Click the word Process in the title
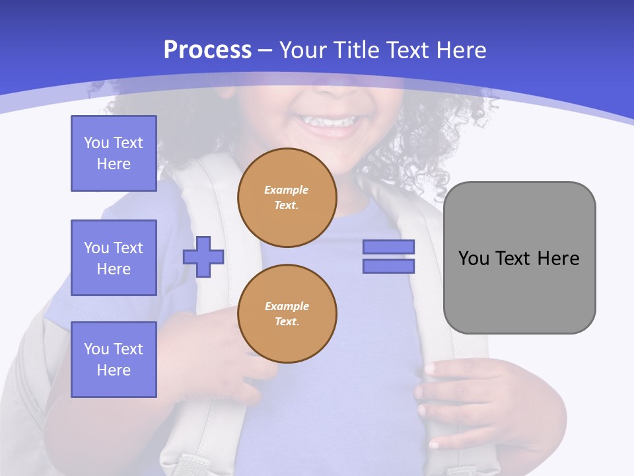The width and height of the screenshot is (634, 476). (207, 50)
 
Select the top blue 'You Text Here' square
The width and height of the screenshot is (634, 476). (114, 153)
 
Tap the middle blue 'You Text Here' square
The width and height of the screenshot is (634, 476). (114, 258)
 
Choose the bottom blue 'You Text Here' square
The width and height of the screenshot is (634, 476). (114, 360)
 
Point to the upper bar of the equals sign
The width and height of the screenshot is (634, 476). (388, 247)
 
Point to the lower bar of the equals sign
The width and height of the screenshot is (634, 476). (388, 266)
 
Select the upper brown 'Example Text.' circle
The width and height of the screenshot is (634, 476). (287, 198)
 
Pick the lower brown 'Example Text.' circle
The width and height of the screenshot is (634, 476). (287, 314)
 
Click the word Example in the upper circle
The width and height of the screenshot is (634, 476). (287, 190)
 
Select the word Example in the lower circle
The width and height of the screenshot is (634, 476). (287, 306)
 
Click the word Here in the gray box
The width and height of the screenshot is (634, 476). (559, 258)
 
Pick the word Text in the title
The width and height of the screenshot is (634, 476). (406, 50)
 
